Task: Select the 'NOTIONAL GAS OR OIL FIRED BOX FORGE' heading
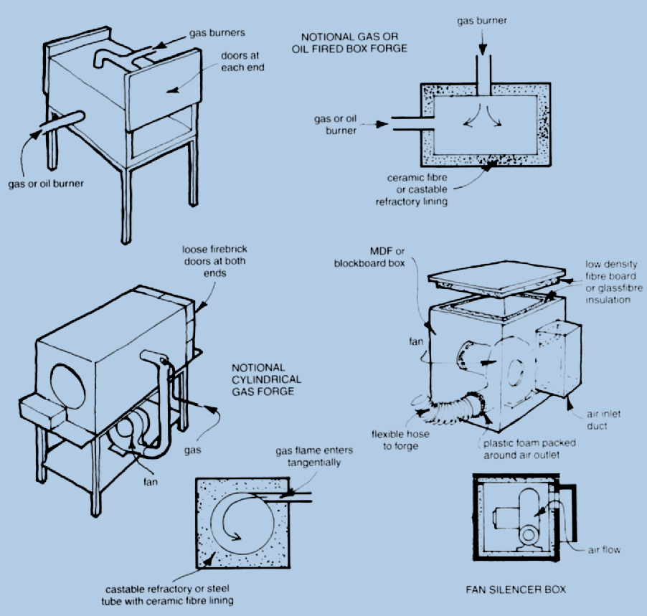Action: tap(356, 42)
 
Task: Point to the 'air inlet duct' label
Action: tap(593, 420)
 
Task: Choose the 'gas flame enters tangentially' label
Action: tap(308, 457)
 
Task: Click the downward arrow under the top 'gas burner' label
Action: tap(483, 44)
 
